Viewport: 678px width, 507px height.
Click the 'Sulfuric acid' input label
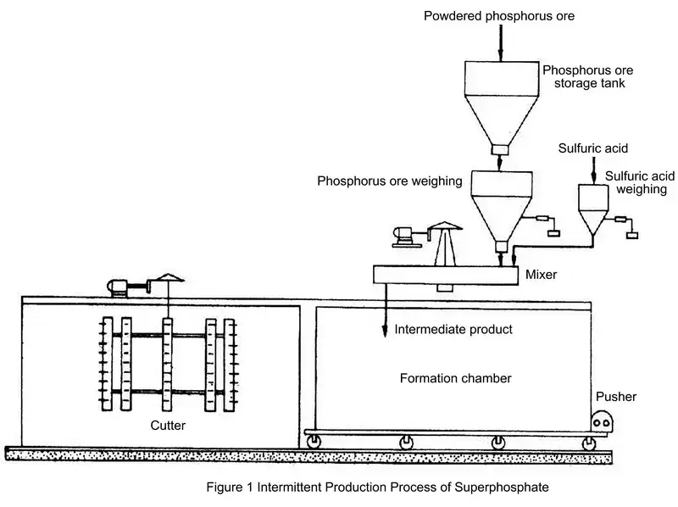point(593,148)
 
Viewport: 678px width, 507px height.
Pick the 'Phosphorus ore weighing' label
point(389,181)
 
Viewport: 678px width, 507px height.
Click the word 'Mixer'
point(541,275)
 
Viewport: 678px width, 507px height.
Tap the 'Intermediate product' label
point(453,328)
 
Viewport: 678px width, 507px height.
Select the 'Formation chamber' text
point(455,378)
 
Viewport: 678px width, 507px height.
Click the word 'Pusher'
point(616,396)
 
